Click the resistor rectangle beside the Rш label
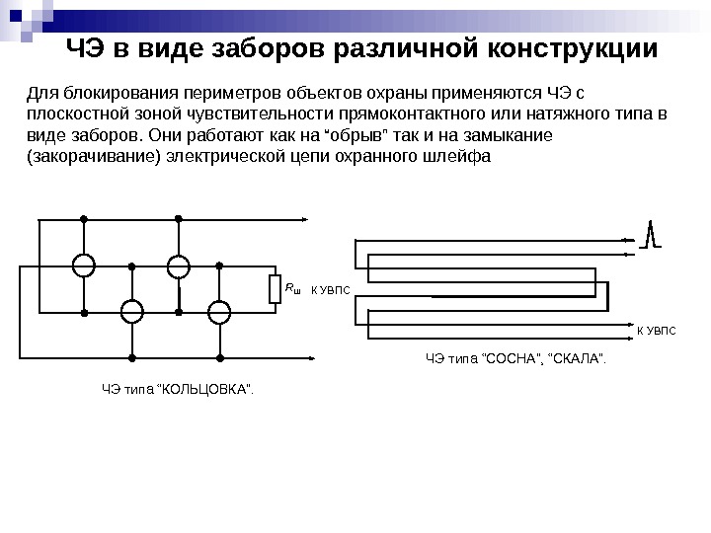[276, 289]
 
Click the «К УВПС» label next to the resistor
[331, 290]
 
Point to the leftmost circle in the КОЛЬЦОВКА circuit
[84, 266]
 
